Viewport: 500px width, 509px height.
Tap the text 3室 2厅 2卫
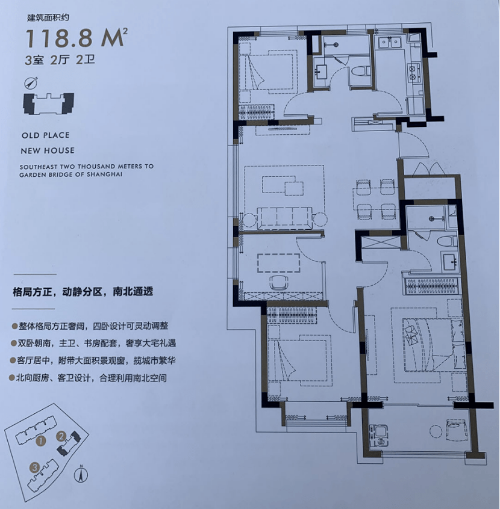[60, 60]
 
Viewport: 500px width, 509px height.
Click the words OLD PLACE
[46, 135]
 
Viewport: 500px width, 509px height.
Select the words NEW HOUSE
[48, 150]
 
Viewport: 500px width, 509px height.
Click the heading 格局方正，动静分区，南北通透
[83, 292]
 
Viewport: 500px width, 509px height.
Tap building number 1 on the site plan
[41, 440]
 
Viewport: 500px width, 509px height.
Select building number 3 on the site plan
[34, 467]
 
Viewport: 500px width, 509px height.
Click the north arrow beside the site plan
[81, 474]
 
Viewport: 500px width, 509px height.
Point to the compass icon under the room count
[31, 83]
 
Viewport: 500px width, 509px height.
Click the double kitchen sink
[389, 43]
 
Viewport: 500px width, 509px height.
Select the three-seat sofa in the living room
[285, 218]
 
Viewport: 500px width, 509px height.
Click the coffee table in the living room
[283, 185]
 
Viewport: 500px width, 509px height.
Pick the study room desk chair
[278, 282]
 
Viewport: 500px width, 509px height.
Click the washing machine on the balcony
[378, 435]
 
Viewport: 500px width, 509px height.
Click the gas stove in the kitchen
[414, 72]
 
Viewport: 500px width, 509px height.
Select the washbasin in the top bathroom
[322, 72]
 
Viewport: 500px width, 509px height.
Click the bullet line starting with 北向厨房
[89, 378]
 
